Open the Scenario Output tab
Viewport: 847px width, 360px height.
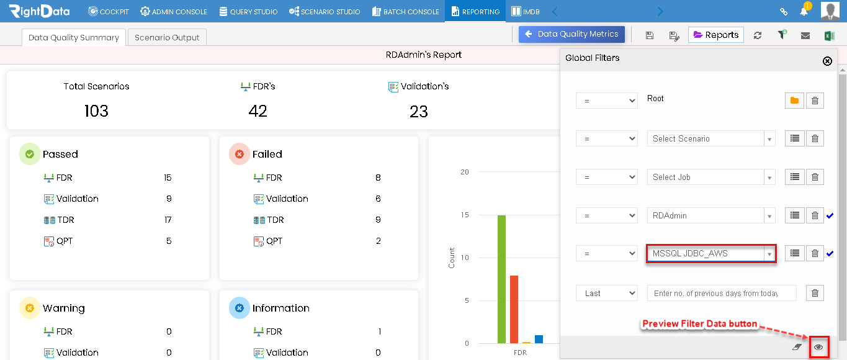click(x=167, y=37)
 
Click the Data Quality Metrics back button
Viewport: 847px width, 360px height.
click(x=571, y=34)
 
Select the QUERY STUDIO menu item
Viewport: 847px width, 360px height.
click(x=248, y=12)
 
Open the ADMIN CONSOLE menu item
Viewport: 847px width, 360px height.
click(x=174, y=12)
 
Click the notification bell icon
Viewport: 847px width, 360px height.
click(x=804, y=11)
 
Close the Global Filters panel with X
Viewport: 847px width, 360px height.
click(x=827, y=61)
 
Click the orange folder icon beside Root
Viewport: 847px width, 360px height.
click(x=794, y=101)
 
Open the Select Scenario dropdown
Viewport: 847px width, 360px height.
click(x=711, y=139)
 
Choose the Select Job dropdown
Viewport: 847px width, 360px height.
click(x=711, y=177)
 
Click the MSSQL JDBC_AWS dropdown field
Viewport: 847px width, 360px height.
click(x=711, y=253)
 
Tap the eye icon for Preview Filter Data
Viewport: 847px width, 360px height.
click(x=818, y=347)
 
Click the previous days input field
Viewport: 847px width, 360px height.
click(x=722, y=293)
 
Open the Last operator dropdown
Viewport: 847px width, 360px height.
click(x=606, y=293)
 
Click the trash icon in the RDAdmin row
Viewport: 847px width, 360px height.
click(x=815, y=215)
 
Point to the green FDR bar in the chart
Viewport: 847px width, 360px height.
click(x=501, y=279)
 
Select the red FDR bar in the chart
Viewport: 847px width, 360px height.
click(x=514, y=309)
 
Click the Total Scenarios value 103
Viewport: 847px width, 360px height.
click(x=96, y=111)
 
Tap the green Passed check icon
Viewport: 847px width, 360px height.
click(x=30, y=154)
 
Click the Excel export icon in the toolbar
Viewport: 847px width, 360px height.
click(x=829, y=35)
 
